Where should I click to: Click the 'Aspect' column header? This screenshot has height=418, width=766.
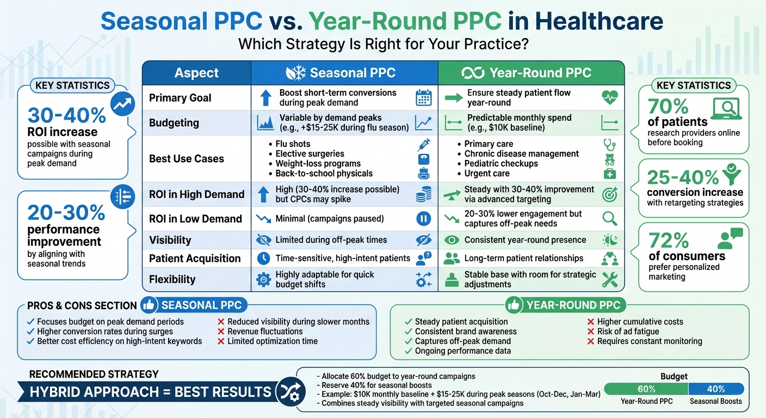coord(196,73)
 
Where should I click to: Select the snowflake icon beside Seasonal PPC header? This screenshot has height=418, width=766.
coord(296,73)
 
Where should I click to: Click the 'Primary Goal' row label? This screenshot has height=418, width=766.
coord(180,98)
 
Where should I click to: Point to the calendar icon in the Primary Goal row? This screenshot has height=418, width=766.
coord(423,98)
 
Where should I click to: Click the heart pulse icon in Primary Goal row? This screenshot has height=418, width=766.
coord(609,98)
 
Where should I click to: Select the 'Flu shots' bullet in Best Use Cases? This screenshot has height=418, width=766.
coord(293,144)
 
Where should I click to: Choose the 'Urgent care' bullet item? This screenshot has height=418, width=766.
coord(487,174)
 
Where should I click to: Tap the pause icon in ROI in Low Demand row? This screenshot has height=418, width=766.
coord(423,219)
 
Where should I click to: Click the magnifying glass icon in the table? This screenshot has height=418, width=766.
coord(609,219)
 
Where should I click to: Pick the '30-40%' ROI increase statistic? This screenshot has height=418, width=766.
coord(66,115)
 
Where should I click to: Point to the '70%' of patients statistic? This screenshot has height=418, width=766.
coord(668,106)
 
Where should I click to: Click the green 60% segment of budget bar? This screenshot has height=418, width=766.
coord(646,389)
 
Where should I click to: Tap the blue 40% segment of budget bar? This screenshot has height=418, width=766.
coord(716,389)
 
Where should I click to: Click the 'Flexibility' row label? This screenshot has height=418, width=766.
coord(172,279)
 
